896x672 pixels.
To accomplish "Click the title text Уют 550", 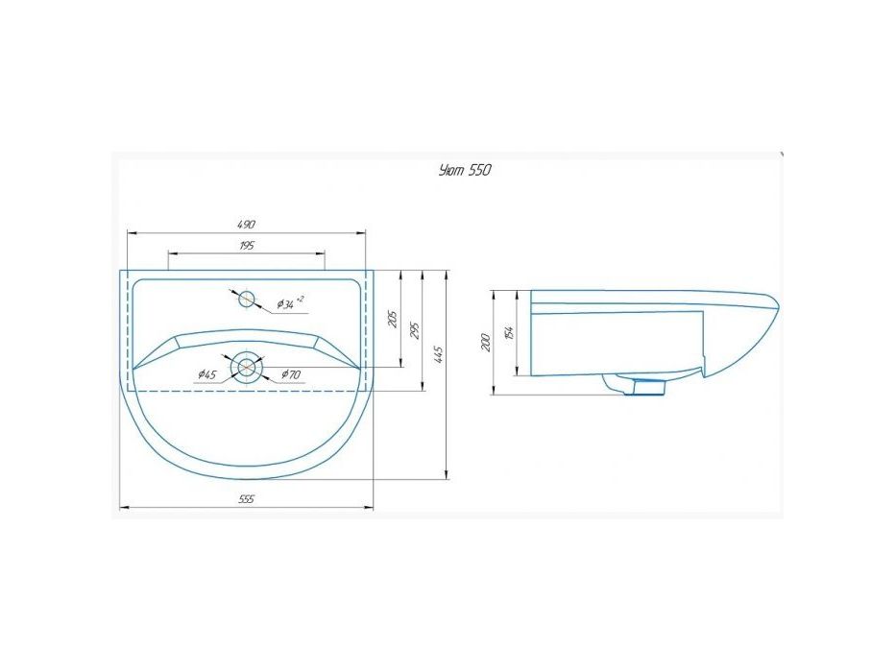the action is tap(465, 170).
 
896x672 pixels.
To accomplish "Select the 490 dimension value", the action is tap(246, 225).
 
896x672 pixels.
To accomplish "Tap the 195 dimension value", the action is tap(246, 246).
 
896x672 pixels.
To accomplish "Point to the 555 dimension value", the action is tap(246, 499).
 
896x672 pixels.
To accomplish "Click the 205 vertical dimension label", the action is tap(392, 320).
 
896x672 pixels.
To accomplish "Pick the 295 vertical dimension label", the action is tap(416, 330).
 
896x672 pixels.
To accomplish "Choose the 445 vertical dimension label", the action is tap(438, 355).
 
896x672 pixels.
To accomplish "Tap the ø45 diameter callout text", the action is tap(207, 374).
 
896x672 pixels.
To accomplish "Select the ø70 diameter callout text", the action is tap(290, 374).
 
